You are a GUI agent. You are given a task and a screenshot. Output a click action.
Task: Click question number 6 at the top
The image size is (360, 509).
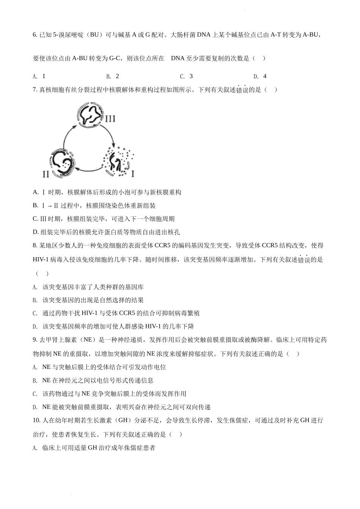click(x=35, y=35)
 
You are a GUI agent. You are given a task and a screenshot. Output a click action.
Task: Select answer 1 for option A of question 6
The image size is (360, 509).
click(x=44, y=76)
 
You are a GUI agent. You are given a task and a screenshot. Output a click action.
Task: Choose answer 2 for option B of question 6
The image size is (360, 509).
click(x=117, y=76)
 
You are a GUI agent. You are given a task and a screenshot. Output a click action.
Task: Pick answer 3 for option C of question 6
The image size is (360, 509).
click(x=191, y=76)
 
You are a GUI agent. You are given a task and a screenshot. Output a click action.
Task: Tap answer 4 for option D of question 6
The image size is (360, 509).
click(x=265, y=76)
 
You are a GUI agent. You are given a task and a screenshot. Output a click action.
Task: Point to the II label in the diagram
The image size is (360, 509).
click(x=46, y=174)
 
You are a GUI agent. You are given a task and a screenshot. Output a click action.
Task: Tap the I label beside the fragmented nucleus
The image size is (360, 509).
click(x=132, y=174)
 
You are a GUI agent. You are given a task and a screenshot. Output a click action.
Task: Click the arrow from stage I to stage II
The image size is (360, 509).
click(x=89, y=168)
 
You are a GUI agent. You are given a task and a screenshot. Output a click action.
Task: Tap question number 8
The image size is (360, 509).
click(x=35, y=246)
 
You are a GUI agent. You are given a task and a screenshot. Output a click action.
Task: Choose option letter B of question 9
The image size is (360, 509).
click(x=35, y=381)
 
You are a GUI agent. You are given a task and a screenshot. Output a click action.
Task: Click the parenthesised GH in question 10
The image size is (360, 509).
click(x=122, y=420)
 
